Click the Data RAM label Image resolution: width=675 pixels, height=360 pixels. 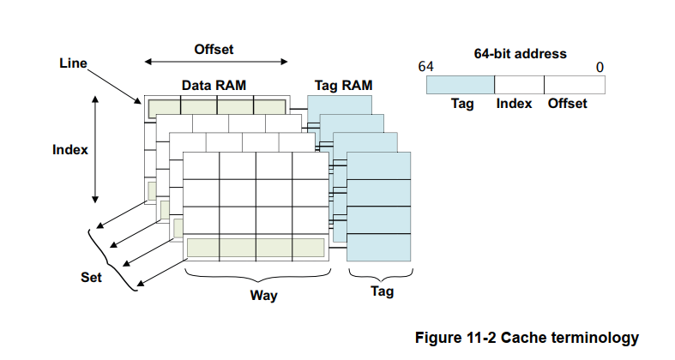[214, 86]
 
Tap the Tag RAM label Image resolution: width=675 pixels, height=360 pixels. [340, 86]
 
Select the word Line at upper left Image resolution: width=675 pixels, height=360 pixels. [73, 64]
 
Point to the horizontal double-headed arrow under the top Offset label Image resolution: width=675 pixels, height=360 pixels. [215, 62]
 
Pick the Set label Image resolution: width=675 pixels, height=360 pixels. [91, 278]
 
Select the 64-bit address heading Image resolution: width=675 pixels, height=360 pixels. [520, 53]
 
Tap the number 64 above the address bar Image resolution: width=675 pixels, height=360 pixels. [425, 67]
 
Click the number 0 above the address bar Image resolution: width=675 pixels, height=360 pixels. [600, 67]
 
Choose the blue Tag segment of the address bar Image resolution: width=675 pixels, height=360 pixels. [460, 84]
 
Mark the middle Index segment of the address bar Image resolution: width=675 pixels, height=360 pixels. [519, 84]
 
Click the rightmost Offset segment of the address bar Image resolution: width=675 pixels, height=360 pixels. [575, 84]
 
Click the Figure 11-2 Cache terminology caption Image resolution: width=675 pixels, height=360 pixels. [527, 337]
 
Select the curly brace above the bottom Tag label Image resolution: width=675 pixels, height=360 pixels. [379, 274]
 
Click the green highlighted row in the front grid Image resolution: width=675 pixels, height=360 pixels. [256, 248]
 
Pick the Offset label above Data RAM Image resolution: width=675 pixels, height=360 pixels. [214, 49]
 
